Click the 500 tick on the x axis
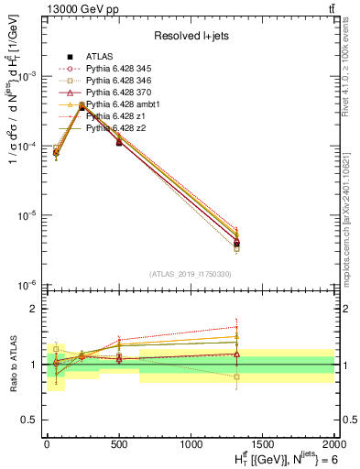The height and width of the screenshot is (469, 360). tap(119, 444)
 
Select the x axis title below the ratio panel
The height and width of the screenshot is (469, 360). tap(275, 458)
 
